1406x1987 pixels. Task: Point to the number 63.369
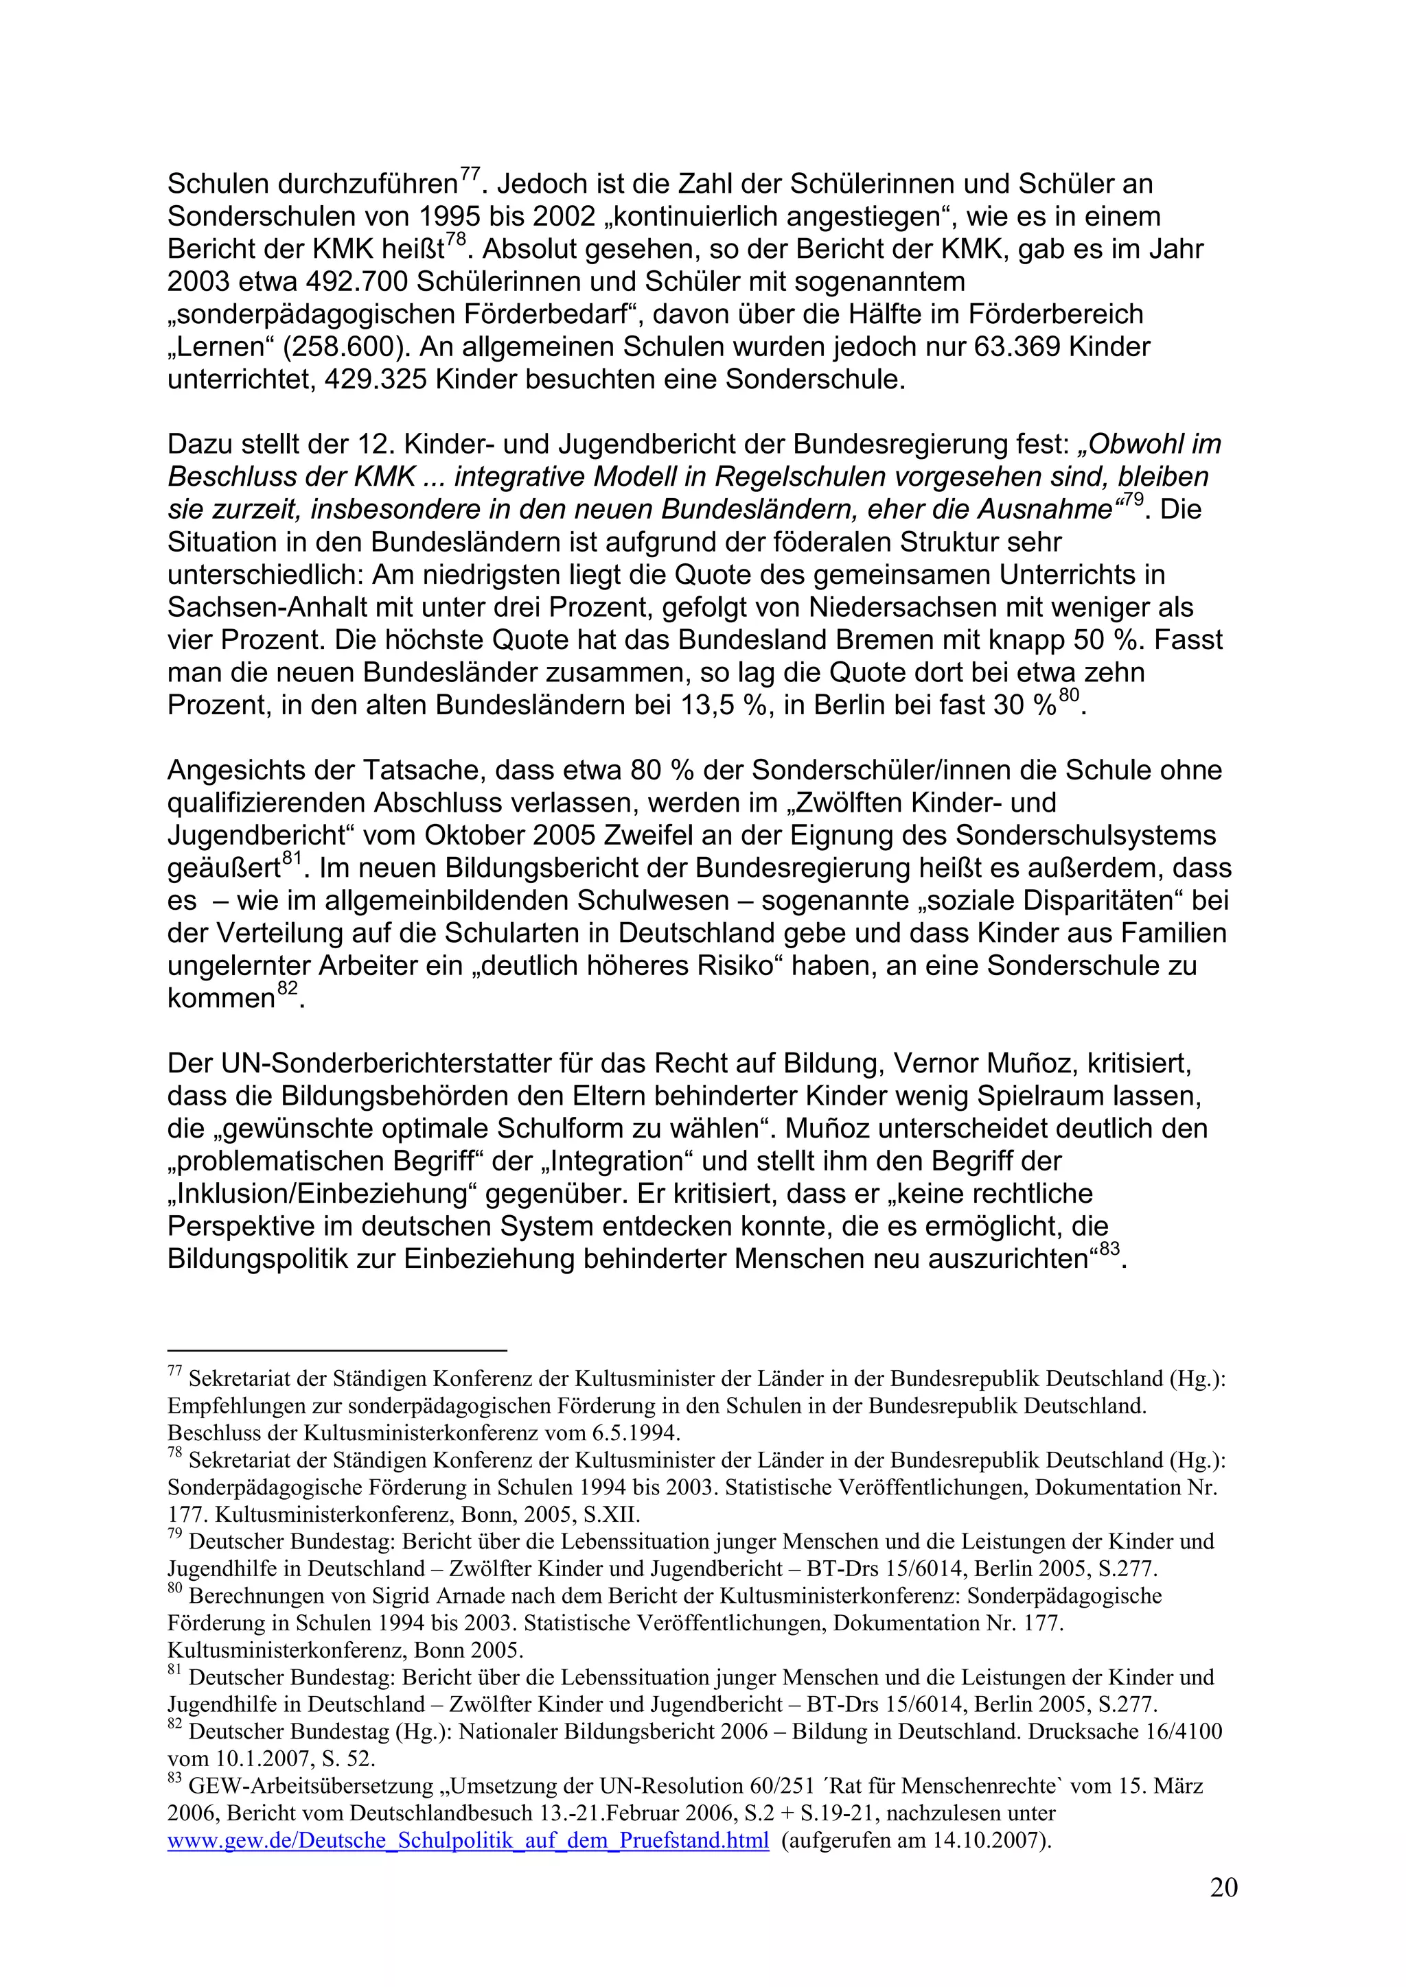[1018, 347]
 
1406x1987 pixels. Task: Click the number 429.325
[375, 379]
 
